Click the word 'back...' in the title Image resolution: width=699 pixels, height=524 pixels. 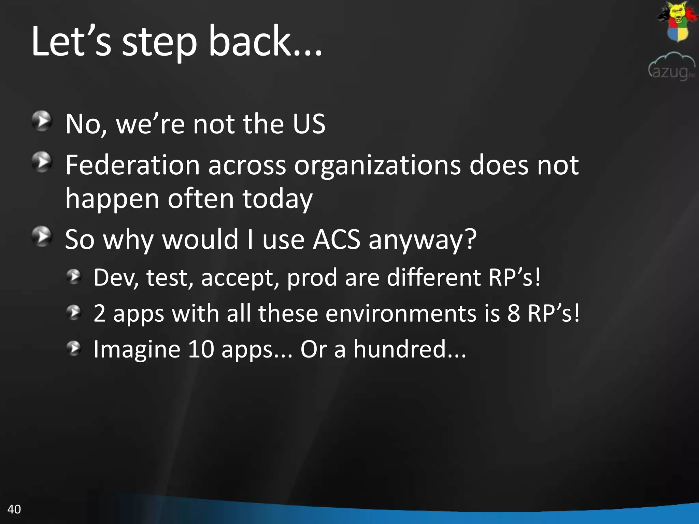click(x=265, y=42)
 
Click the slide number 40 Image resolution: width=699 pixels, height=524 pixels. click(x=14, y=509)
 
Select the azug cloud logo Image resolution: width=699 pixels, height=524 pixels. click(x=671, y=67)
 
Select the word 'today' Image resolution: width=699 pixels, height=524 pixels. click(x=277, y=199)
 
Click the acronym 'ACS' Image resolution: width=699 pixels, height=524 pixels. click(x=337, y=239)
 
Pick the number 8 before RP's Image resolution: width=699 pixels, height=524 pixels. click(x=513, y=313)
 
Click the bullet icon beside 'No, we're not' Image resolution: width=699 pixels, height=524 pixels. click(x=42, y=121)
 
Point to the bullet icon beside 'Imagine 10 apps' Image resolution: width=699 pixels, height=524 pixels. click(x=74, y=348)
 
